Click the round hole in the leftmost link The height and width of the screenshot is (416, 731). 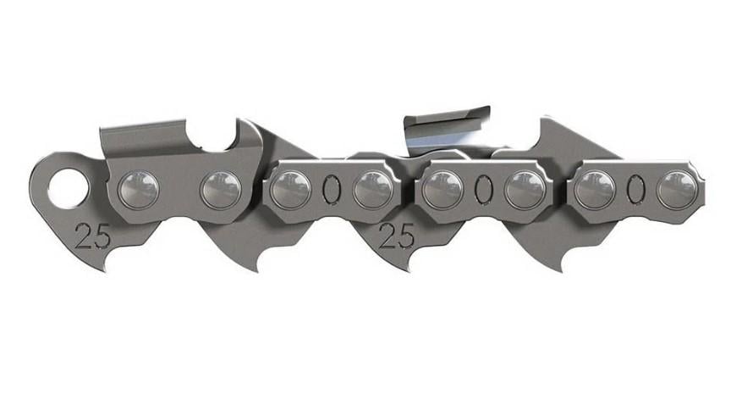point(65,188)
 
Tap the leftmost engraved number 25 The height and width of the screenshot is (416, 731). point(92,236)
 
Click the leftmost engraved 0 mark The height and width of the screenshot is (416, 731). point(331,191)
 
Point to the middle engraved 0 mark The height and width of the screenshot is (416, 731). point(483,191)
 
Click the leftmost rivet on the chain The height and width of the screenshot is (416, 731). point(138,190)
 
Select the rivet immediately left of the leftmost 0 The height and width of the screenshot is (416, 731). point(290,190)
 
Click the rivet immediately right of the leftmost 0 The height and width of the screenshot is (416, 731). point(372,190)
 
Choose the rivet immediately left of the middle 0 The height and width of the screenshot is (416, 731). point(442,190)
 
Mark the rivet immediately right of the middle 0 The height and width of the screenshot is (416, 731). point(525,190)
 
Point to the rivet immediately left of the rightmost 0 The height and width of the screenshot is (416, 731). point(595,190)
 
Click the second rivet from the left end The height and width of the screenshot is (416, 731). point(220,190)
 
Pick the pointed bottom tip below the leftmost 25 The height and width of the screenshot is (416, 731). point(106,267)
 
